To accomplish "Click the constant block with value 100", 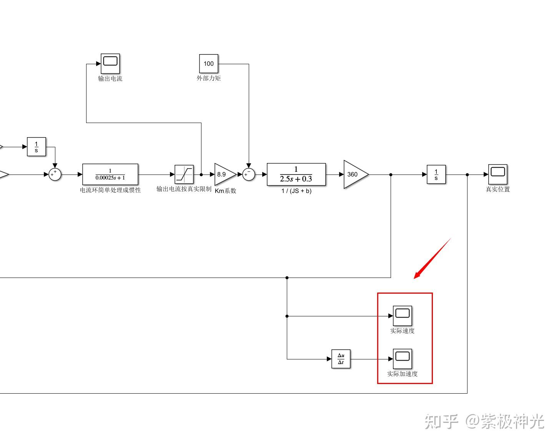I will (208, 63).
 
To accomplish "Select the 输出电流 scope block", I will (110, 63).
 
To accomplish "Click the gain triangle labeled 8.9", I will (224, 175).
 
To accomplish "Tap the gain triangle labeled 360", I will (354, 175).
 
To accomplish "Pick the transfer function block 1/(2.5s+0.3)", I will (296, 175).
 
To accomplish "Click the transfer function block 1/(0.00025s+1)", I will (110, 175).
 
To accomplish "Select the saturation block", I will (184, 175).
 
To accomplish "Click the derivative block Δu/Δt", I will (341, 359).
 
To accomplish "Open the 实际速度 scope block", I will (402, 316).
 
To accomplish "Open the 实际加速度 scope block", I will (402, 359).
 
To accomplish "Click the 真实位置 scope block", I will (498, 174).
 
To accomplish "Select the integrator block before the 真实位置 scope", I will (436, 175).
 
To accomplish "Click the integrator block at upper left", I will (37, 147).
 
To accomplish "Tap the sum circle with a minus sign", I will (249, 175).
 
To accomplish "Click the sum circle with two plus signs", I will (55, 175).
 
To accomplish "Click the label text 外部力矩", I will (208, 78).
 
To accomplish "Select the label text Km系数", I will (225, 191).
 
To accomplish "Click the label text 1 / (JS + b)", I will (296, 191).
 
